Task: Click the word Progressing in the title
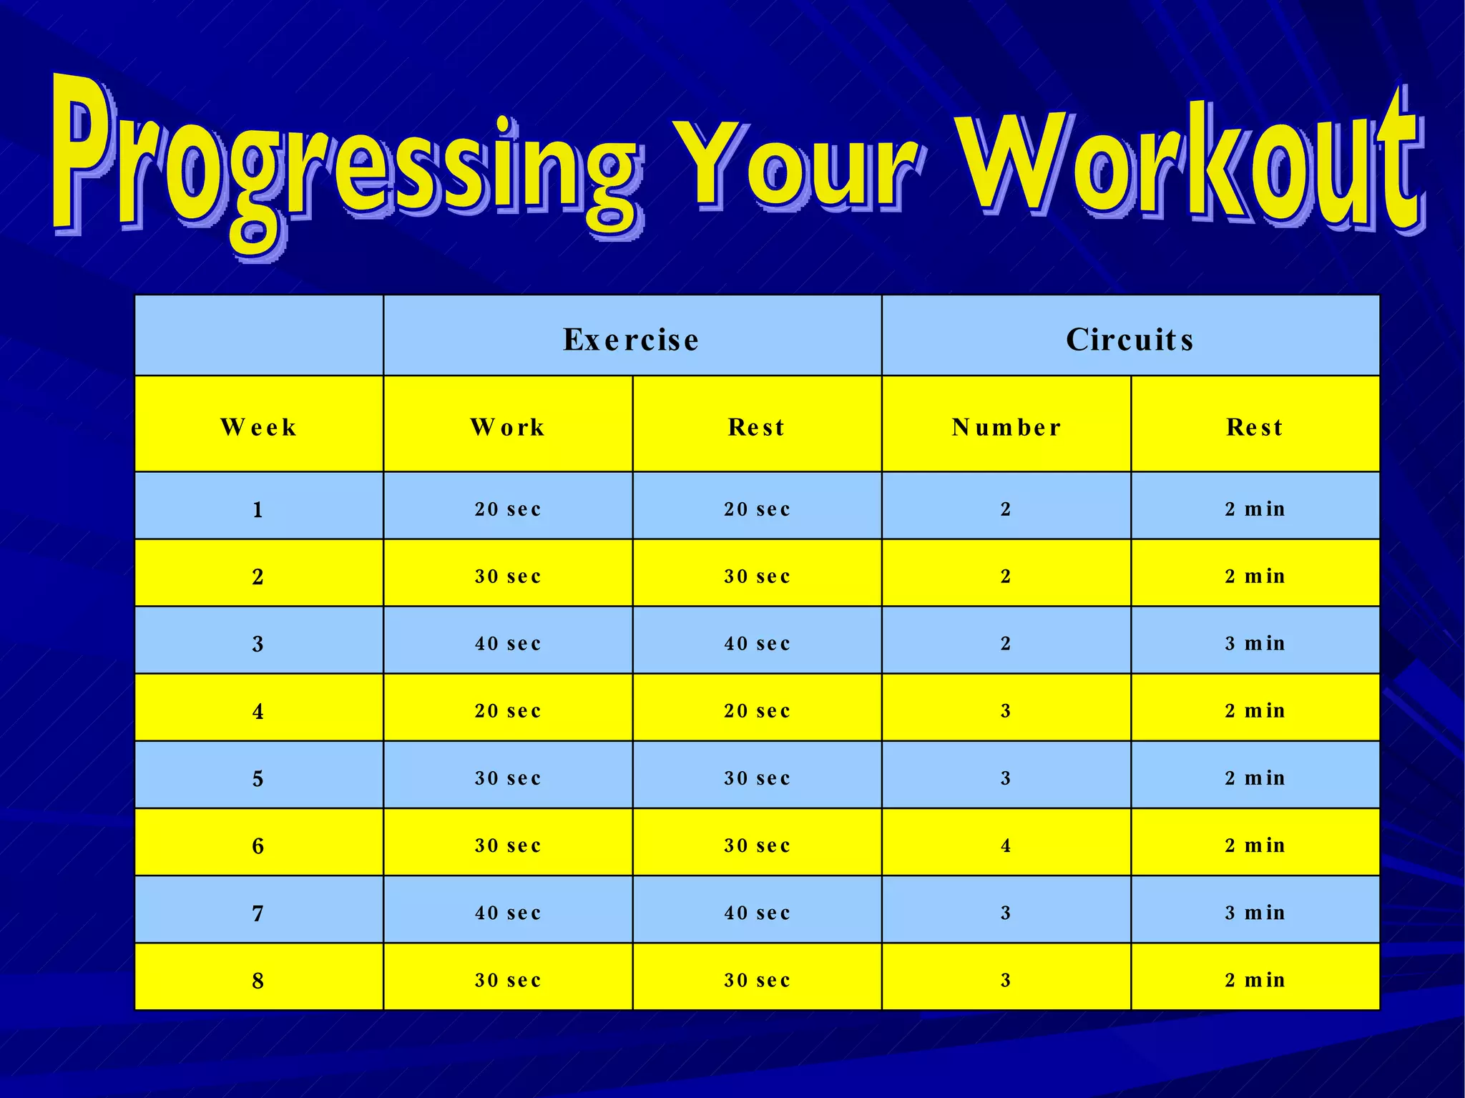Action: pyautogui.click(x=343, y=165)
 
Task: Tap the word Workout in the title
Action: pyautogui.click(x=1187, y=165)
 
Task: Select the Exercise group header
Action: pyautogui.click(x=632, y=339)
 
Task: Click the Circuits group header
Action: pyautogui.click(x=1130, y=339)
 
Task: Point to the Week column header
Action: pyautogui.click(x=258, y=427)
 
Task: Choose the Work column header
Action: pyautogui.click(x=508, y=427)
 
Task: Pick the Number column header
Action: pyautogui.click(x=1006, y=427)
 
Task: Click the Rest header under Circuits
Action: pyautogui.click(x=1255, y=427)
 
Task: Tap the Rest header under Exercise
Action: pyautogui.click(x=757, y=427)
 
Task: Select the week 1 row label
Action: pyautogui.click(x=258, y=509)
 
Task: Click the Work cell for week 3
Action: pyautogui.click(x=508, y=644)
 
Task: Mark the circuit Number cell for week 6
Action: pyautogui.click(x=1006, y=845)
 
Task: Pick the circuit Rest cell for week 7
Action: pyautogui.click(x=1255, y=913)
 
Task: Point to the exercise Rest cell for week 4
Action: pyautogui.click(x=757, y=711)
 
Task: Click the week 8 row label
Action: pyautogui.click(x=258, y=980)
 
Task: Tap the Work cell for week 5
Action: pyautogui.click(x=508, y=778)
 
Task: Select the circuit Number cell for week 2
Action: pyautogui.click(x=1006, y=577)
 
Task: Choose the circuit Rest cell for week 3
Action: pyautogui.click(x=1255, y=644)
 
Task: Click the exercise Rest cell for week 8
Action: pyautogui.click(x=757, y=980)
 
